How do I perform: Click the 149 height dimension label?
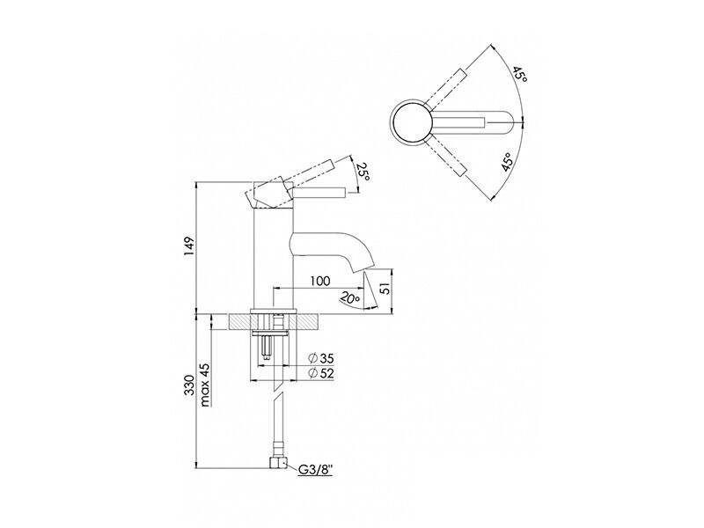point(189,246)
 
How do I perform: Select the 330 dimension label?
point(189,385)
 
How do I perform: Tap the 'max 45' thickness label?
point(205,385)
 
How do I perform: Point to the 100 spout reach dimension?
point(320,281)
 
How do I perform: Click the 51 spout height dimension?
point(385,288)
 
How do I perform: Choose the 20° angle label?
point(349,298)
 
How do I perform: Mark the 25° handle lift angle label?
point(363,172)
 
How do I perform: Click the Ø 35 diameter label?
point(321,358)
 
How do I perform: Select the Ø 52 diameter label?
point(321,373)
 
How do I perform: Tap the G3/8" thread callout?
point(316,470)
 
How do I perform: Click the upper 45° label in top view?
point(520,74)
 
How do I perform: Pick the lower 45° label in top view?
point(508,162)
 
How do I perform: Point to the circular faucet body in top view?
point(412,121)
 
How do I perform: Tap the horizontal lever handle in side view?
point(319,193)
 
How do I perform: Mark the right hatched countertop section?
point(307,322)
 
